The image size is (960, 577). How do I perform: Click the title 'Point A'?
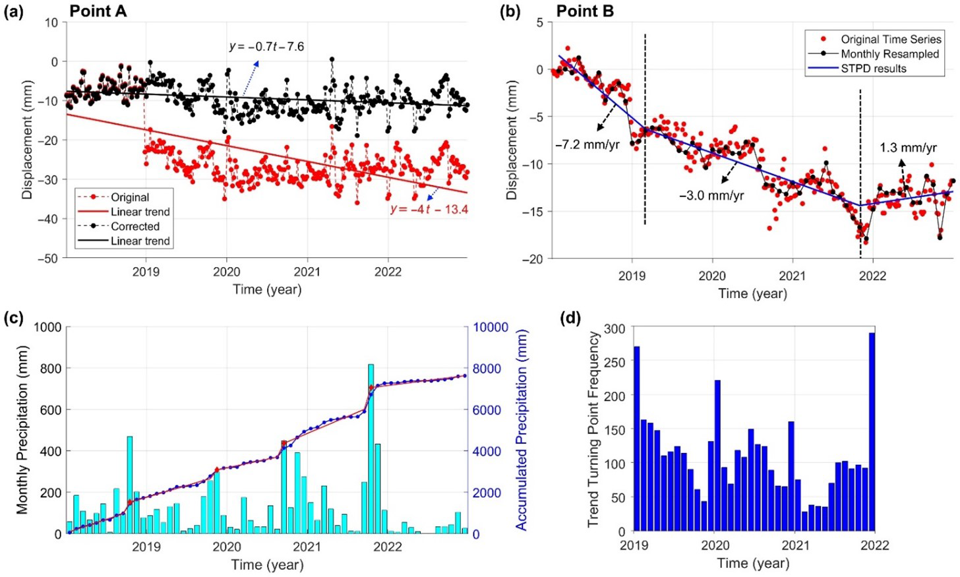tap(98, 11)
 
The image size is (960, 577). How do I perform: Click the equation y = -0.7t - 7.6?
tap(266, 47)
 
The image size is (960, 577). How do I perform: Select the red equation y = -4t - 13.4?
tap(429, 210)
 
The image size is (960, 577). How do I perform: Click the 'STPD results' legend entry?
tap(873, 69)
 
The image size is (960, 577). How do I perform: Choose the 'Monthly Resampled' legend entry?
tap(889, 54)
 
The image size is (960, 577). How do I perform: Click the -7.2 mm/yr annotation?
tap(587, 144)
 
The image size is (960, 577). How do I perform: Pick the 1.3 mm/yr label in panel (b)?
tap(908, 148)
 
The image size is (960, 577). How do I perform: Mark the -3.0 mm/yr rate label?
tap(711, 196)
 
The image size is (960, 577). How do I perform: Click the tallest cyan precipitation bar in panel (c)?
tap(371, 448)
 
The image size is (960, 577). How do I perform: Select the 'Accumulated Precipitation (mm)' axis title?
tap(522, 430)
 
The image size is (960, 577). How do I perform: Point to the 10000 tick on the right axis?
tap(491, 328)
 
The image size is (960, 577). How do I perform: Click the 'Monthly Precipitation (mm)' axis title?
tap(22, 430)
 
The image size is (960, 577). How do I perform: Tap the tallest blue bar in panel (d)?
tap(872, 432)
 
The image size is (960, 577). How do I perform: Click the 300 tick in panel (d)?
tap(615, 328)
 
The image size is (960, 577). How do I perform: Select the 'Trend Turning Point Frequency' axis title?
tap(593, 429)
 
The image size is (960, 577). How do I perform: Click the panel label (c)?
tap(14, 319)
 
